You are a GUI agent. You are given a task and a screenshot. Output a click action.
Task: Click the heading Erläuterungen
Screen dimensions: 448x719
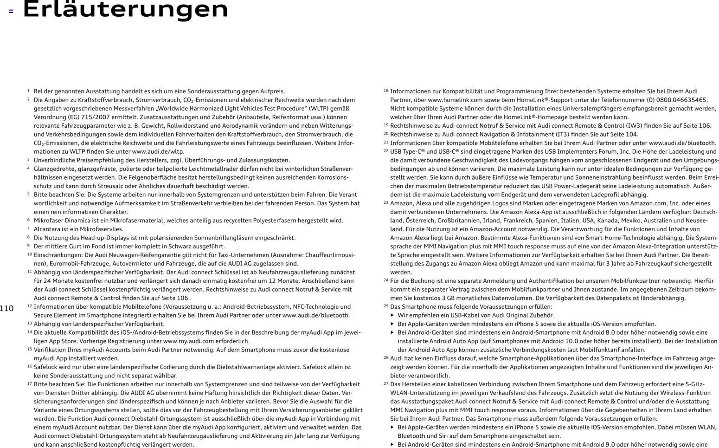pyautogui.click(x=125, y=9)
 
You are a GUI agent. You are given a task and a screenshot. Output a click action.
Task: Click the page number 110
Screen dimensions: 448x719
pyautogui.click(x=7, y=309)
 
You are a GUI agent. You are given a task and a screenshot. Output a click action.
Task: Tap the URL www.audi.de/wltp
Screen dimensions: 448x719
pyautogui.click(x=158, y=151)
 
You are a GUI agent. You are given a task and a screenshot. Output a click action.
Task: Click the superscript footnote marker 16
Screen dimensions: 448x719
pyautogui.click(x=30, y=366)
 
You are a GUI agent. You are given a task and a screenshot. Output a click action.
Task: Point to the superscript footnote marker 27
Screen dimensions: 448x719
pyautogui.click(x=386, y=383)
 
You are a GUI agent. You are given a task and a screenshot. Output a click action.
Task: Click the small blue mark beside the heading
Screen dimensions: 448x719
pyautogui.click(x=11, y=11)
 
